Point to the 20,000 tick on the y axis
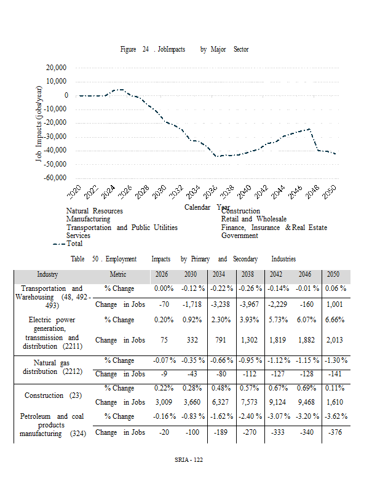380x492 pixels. coord(57,68)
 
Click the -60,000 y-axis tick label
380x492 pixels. coord(55,178)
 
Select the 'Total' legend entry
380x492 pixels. coord(74,244)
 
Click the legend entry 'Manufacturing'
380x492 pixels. coord(88,219)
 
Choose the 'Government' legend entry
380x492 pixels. coord(239,236)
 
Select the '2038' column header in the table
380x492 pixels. coord(248,275)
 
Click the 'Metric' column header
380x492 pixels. coord(118,275)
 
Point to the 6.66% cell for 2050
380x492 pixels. coord(334,320)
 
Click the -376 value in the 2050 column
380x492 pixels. coord(334,432)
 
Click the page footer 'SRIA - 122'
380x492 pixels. coord(189,460)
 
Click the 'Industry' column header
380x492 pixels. coord(47,275)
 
